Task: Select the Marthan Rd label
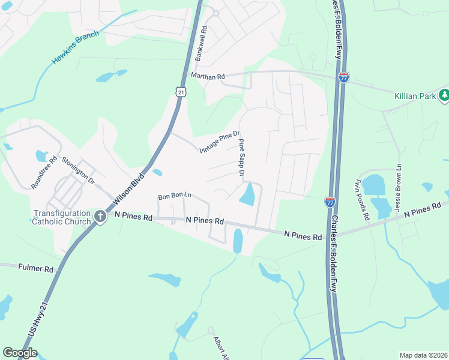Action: (x=207, y=77)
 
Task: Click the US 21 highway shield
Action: (x=181, y=91)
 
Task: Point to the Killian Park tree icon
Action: (x=444, y=95)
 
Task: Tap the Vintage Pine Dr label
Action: (x=220, y=142)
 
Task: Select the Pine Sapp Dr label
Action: (x=242, y=157)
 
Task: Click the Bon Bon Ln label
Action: (x=174, y=196)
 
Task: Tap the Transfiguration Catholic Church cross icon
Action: (x=100, y=216)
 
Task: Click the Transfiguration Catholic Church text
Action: (x=62, y=217)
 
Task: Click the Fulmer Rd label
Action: (x=36, y=268)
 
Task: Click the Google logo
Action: (x=20, y=353)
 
